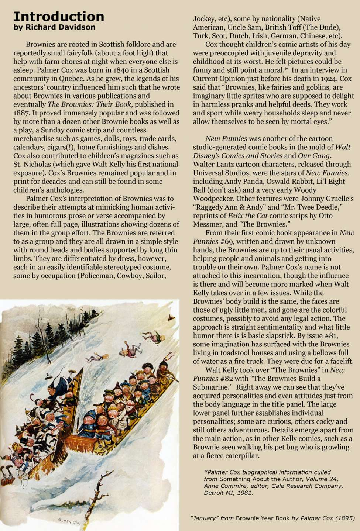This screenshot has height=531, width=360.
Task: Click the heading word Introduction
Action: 59,17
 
